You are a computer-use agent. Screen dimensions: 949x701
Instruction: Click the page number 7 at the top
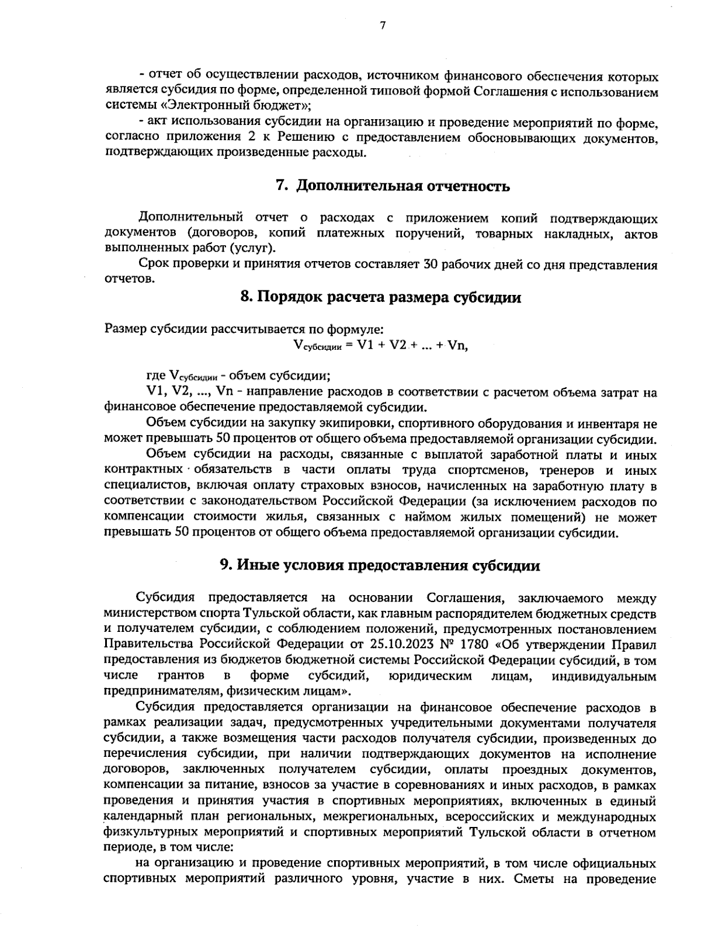(x=383, y=25)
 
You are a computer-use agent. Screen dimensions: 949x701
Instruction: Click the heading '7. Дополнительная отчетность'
(x=393, y=186)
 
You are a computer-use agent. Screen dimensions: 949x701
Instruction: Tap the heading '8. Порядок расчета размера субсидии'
(x=381, y=297)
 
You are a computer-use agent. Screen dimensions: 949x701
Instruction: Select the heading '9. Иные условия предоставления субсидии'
(x=380, y=565)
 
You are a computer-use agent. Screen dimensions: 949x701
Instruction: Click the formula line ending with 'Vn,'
(x=381, y=345)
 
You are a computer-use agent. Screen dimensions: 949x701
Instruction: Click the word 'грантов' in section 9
(x=181, y=676)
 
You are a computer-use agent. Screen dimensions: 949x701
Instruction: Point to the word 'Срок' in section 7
(x=152, y=265)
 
